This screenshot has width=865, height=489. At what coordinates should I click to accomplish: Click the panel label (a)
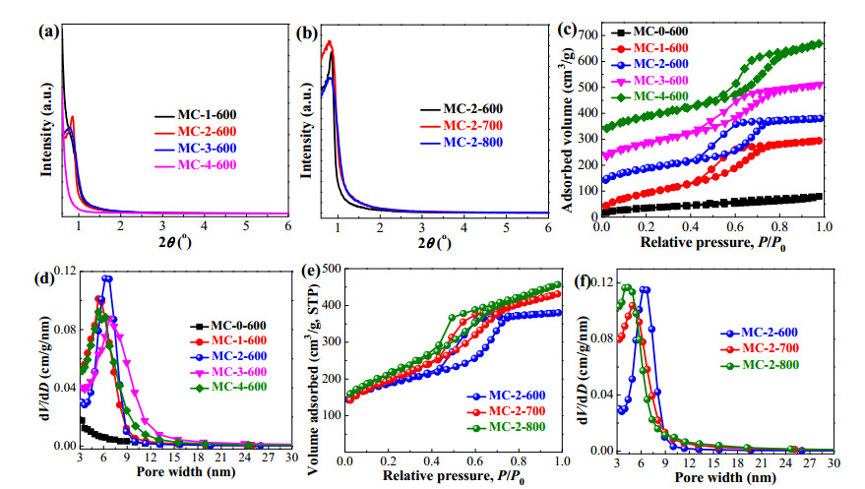[x=48, y=31]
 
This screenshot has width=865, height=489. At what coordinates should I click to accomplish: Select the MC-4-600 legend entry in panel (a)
[x=195, y=165]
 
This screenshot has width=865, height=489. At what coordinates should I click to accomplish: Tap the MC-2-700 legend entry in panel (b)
[x=462, y=126]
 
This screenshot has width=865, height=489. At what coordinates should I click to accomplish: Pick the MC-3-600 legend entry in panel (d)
[x=228, y=372]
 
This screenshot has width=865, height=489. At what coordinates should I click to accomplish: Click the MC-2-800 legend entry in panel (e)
[x=506, y=427]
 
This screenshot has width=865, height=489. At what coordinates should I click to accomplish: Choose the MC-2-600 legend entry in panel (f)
[x=759, y=333]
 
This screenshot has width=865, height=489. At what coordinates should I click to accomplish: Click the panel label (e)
[x=312, y=271]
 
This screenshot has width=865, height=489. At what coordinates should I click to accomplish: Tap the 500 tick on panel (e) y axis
[x=332, y=269]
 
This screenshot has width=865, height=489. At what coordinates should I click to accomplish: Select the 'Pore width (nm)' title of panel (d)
[x=186, y=472]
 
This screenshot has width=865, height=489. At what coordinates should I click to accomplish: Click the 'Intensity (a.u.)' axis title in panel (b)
[x=305, y=130]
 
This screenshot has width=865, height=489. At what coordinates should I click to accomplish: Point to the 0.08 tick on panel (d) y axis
[x=65, y=330]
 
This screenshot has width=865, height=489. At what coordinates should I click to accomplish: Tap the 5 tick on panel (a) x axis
[x=246, y=225]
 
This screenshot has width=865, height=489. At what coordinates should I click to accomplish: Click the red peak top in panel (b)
[x=330, y=41]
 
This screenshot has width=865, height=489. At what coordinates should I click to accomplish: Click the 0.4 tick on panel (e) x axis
[x=431, y=460]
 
